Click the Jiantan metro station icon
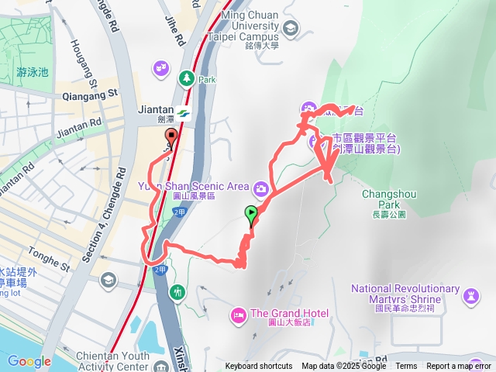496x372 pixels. pyautogui.click(x=183, y=113)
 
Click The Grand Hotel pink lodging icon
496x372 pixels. pyautogui.click(x=238, y=314)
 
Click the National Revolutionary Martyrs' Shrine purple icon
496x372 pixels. pyautogui.click(x=470, y=295)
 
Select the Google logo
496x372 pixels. pyautogui.click(x=29, y=361)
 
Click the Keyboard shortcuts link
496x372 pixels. pyautogui.click(x=259, y=367)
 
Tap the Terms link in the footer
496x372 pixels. pyautogui.click(x=406, y=367)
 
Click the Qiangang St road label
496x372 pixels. pyautogui.click(x=90, y=93)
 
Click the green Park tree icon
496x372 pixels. pyautogui.click(x=186, y=77)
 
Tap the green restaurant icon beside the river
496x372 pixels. pyautogui.click(x=179, y=291)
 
